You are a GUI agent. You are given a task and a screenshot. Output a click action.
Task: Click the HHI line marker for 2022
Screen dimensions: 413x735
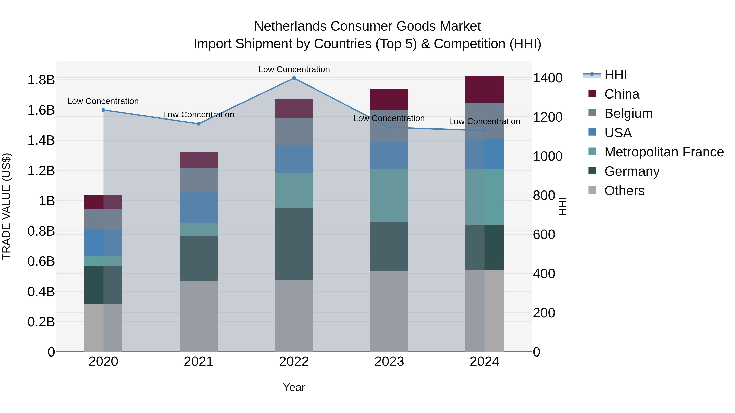(294, 78)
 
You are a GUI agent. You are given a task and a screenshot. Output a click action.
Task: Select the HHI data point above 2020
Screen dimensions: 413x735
(103, 110)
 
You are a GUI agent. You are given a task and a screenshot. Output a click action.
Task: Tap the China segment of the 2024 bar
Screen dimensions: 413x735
(484, 89)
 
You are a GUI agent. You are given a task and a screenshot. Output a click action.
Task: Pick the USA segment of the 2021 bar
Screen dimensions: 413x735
(199, 207)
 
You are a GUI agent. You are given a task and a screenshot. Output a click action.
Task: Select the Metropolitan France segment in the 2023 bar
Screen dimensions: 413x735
(389, 196)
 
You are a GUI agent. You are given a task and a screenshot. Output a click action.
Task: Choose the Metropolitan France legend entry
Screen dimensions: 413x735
(664, 152)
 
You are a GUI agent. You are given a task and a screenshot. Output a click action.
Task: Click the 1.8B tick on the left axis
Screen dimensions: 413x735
(41, 80)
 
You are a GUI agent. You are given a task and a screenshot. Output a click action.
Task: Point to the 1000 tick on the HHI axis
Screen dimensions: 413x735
(548, 156)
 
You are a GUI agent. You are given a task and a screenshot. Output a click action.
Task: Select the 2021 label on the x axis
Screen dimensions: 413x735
(199, 362)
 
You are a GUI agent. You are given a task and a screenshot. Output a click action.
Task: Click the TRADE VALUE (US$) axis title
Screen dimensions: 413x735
(6, 206)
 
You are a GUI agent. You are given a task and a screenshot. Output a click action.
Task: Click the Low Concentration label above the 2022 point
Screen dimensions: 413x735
(294, 69)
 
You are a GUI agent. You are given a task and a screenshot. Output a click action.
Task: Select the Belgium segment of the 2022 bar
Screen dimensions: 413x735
(294, 131)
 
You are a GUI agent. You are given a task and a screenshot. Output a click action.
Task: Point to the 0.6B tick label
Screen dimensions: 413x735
(41, 261)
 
